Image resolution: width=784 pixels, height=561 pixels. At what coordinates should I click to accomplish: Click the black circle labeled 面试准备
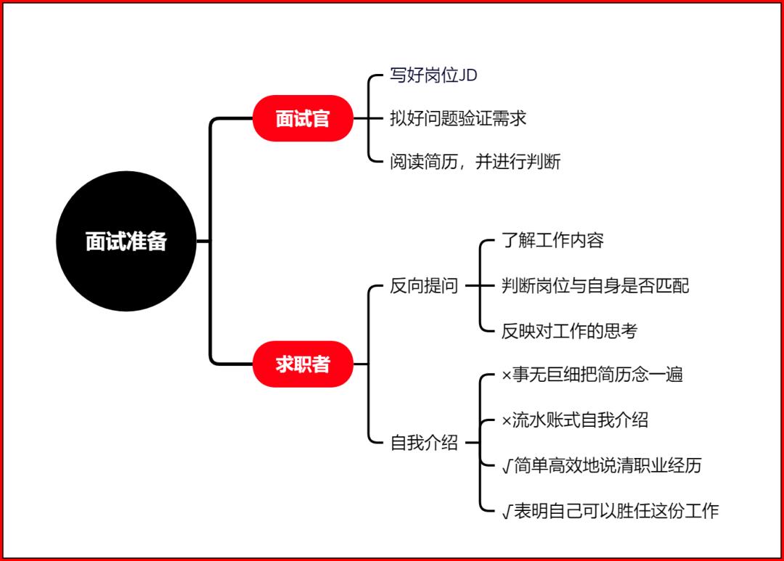click(x=126, y=241)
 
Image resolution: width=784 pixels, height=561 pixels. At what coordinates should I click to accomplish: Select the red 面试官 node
click(x=303, y=118)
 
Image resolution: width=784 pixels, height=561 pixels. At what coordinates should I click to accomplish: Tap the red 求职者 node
click(x=303, y=364)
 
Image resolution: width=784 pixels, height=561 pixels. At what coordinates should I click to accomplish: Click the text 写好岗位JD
click(x=433, y=75)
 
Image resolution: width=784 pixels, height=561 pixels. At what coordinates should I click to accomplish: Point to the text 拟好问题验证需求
click(x=458, y=118)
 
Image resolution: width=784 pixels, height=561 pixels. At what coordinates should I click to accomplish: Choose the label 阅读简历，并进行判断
click(x=475, y=162)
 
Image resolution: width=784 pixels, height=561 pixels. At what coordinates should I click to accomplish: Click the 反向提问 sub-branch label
click(x=424, y=286)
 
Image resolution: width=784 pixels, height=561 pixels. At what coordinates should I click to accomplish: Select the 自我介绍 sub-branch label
click(x=424, y=443)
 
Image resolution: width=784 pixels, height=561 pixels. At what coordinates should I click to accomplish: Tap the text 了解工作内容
click(x=552, y=240)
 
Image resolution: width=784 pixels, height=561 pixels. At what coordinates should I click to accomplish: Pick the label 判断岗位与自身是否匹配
click(x=595, y=286)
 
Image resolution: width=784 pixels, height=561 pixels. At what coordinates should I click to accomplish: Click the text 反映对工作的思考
click(x=570, y=331)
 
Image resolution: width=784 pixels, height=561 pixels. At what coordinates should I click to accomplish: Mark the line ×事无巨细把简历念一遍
click(x=592, y=374)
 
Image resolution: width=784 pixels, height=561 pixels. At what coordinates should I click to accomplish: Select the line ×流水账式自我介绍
click(x=575, y=420)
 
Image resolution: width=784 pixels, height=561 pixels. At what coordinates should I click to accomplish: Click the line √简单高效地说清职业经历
click(x=602, y=465)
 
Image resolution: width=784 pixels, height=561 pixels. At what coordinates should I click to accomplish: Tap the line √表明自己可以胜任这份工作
click(x=610, y=511)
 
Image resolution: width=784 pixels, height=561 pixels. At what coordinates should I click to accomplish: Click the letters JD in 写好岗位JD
click(x=467, y=75)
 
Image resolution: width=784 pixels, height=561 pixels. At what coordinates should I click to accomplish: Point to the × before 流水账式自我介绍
click(x=507, y=421)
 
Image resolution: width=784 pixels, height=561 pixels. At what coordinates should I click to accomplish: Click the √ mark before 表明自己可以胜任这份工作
click(x=507, y=512)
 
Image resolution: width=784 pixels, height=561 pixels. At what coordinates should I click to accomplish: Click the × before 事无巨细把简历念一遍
click(x=507, y=375)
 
